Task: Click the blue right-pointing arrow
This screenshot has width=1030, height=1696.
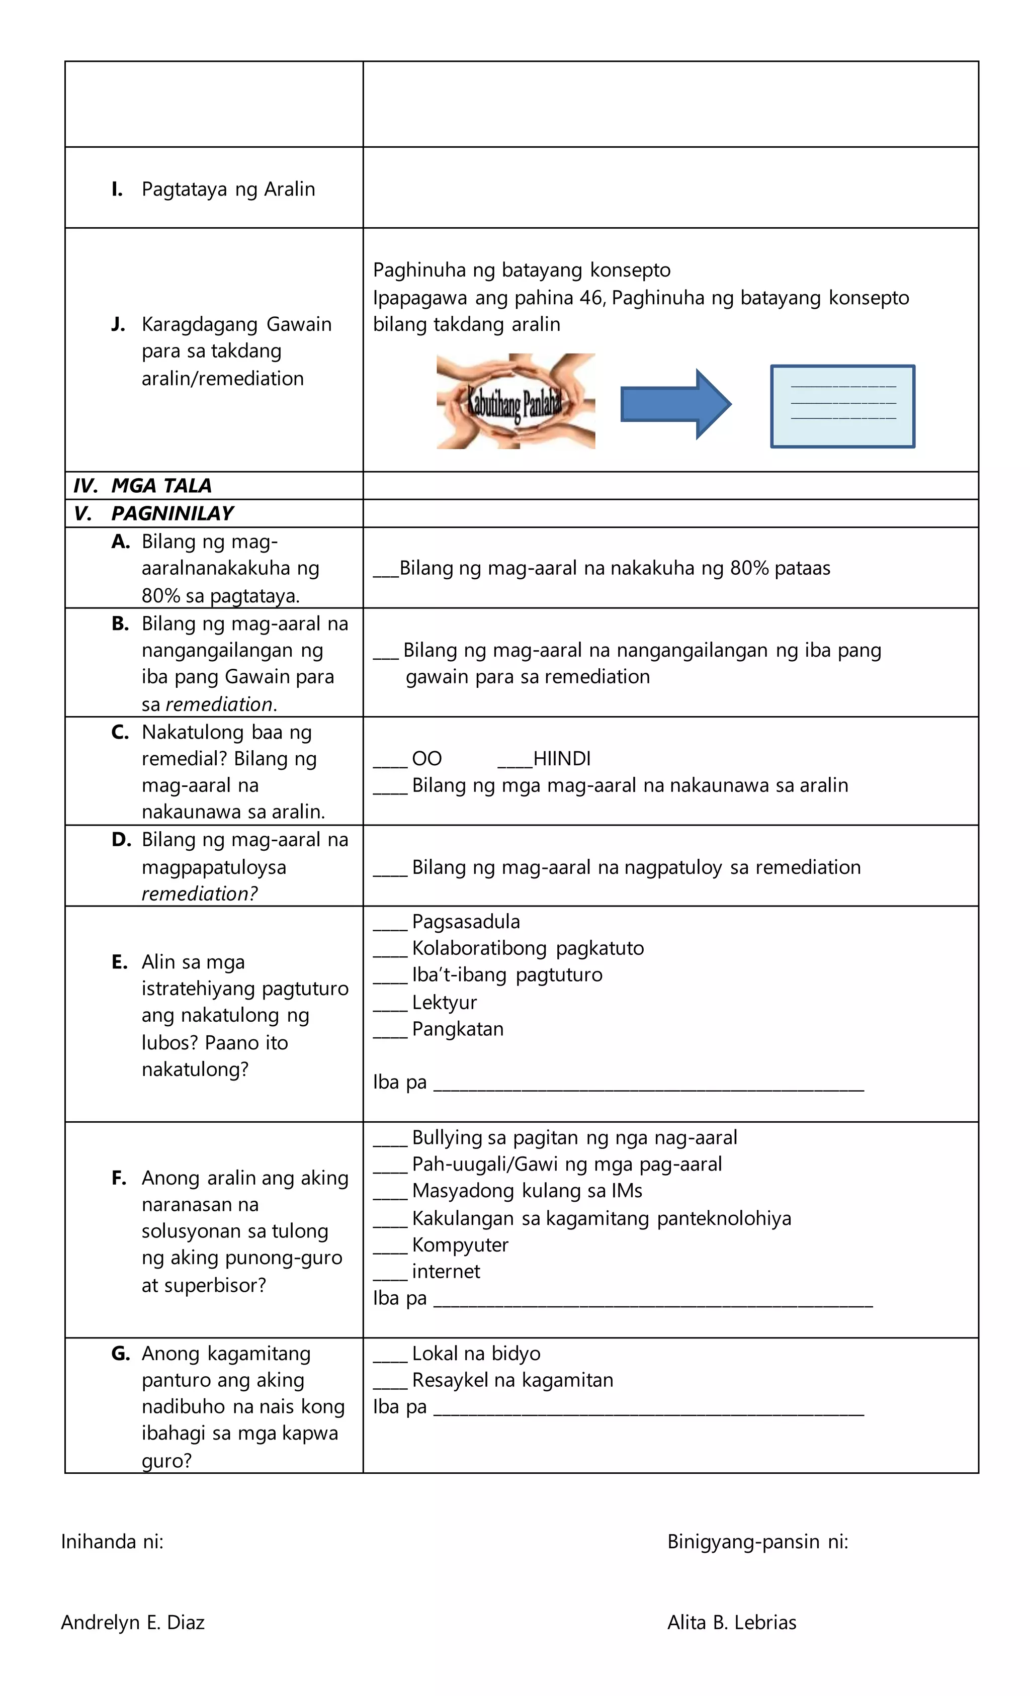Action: point(673,404)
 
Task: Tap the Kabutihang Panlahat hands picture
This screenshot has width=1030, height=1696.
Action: point(515,401)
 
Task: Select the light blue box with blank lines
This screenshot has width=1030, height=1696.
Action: point(841,406)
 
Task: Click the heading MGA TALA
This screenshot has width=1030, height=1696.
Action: point(161,485)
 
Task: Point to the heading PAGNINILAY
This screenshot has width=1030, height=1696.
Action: point(171,513)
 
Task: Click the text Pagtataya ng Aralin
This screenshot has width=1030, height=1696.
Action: point(228,189)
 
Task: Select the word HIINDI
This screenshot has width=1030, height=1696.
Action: point(561,759)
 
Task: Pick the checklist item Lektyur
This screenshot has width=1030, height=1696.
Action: point(444,1002)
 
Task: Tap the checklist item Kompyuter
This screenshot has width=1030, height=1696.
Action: point(460,1244)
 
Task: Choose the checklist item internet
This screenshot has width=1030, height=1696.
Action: point(446,1271)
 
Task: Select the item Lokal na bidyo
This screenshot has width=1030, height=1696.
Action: point(476,1353)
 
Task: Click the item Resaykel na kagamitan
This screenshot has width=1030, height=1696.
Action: point(512,1380)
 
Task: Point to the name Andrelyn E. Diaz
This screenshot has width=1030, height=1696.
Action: point(133,1623)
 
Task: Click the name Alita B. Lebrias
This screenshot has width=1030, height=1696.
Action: point(731,1623)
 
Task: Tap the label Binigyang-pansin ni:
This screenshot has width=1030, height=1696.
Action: point(757,1541)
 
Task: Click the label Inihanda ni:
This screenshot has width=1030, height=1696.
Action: point(112,1541)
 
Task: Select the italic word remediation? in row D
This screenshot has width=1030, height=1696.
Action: point(200,894)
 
